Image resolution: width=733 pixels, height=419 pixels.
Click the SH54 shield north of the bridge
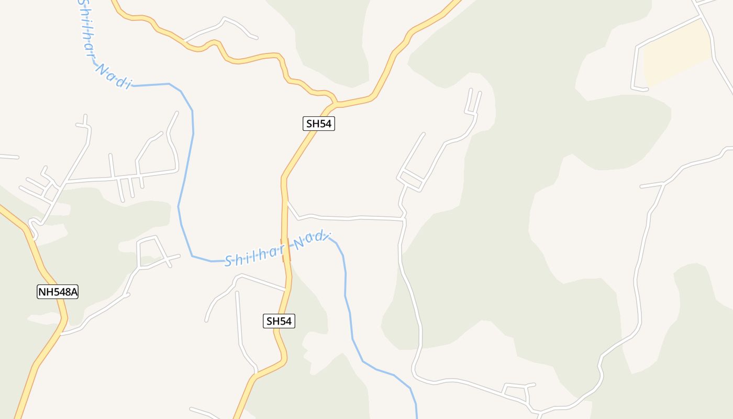318,124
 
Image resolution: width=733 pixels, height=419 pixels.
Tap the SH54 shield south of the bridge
279,321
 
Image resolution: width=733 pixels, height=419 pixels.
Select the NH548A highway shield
58,292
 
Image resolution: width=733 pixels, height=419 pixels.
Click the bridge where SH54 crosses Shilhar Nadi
285,250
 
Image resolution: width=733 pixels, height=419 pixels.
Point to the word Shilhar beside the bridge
254,256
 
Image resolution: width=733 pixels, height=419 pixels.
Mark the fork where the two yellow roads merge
334,103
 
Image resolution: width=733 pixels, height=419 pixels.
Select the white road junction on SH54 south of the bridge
286,290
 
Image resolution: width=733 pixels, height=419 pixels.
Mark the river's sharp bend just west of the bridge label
193,256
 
